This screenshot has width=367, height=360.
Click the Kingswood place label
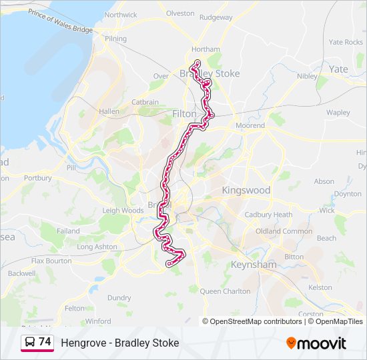click(x=246, y=190)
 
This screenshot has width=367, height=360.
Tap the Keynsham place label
click(x=253, y=265)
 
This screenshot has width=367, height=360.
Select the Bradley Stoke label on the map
click(x=210, y=73)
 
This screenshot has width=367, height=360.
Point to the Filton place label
click(x=185, y=114)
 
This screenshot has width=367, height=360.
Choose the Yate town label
click(x=338, y=69)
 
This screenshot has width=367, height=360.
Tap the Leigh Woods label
click(x=123, y=211)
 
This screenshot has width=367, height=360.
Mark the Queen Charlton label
click(x=224, y=291)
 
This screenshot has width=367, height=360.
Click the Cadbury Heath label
click(x=268, y=215)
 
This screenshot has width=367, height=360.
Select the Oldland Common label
click(x=288, y=231)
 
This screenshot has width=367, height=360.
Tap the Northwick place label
click(x=121, y=15)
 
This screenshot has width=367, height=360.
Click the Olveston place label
click(x=180, y=13)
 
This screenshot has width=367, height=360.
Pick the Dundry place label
click(x=119, y=298)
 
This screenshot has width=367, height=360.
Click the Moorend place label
click(x=250, y=125)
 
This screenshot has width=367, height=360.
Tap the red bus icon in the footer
click(x=29, y=343)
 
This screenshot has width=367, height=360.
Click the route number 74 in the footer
click(x=45, y=342)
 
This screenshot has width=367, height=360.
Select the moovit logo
click(x=316, y=343)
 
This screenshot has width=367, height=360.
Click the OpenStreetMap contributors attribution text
click(x=256, y=321)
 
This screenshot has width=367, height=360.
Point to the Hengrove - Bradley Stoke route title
click(x=120, y=343)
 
